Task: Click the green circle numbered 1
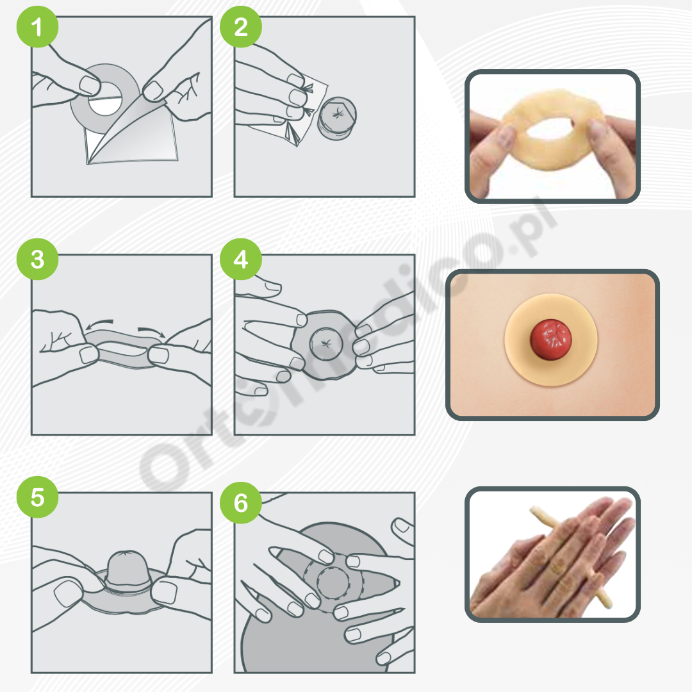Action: (x=38, y=26)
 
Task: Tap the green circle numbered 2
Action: (x=240, y=26)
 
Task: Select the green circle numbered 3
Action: (x=38, y=259)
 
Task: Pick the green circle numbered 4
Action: (x=240, y=259)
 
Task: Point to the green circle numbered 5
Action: (x=38, y=497)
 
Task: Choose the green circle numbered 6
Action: (x=240, y=503)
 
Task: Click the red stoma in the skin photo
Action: (x=551, y=340)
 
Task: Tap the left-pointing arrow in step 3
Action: (x=99, y=324)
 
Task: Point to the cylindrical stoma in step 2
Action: (x=337, y=119)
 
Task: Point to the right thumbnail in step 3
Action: (x=158, y=355)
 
